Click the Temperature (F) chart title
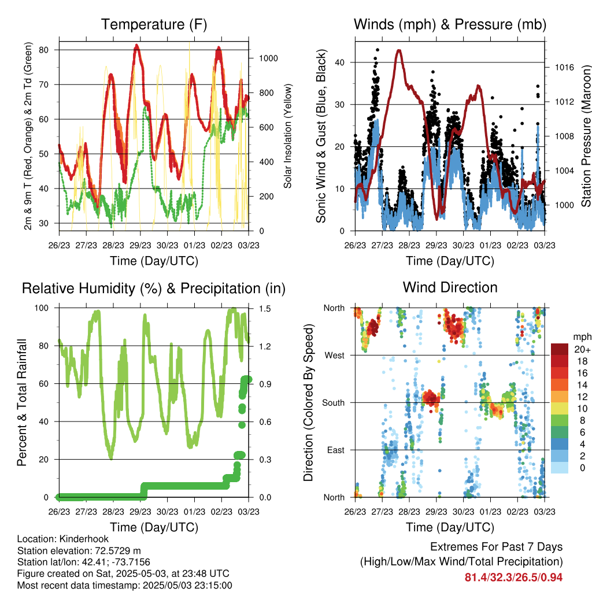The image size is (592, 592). click(154, 24)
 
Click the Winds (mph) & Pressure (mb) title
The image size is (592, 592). click(450, 24)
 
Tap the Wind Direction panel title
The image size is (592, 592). click(450, 287)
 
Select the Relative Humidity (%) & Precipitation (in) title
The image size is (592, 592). click(154, 288)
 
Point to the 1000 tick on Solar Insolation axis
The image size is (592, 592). click(268, 58)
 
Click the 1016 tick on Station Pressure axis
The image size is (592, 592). click(564, 67)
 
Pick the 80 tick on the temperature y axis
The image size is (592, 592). click(44, 50)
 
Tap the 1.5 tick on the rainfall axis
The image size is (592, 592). click(265, 309)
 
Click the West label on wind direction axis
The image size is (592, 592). click(335, 356)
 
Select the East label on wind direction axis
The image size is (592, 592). click(336, 450)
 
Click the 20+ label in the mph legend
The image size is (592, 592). click(582, 349)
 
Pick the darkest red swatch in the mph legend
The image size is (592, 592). click(560, 349)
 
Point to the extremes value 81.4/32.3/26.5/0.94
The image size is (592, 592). click(513, 578)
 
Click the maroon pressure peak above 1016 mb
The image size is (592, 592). click(399, 51)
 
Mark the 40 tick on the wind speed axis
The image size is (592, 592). click(340, 62)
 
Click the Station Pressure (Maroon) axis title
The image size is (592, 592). click(586, 136)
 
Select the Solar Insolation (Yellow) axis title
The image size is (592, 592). click(288, 136)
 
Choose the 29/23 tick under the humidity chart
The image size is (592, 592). click(140, 512)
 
